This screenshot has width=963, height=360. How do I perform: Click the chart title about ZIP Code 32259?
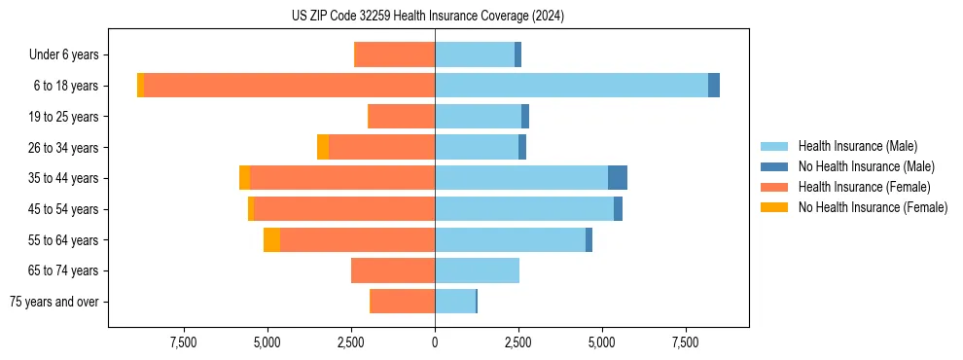coord(427,17)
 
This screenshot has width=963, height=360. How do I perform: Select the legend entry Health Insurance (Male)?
coord(857,146)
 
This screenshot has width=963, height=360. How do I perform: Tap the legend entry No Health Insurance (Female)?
coord(873,207)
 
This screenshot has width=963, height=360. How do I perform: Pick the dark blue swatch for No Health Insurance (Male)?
coord(774,166)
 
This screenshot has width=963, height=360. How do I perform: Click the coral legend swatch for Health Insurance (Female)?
coord(774,187)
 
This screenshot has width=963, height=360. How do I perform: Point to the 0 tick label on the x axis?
coord(435,342)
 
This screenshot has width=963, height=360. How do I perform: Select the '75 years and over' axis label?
coord(54,302)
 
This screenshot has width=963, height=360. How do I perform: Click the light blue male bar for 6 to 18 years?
coord(571,86)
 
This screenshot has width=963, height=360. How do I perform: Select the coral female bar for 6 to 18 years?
coord(289,86)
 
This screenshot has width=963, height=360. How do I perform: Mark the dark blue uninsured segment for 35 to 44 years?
coord(618,178)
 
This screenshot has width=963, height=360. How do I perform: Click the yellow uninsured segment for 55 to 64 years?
coord(271,239)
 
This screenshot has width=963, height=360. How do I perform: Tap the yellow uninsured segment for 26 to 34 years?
coord(323,147)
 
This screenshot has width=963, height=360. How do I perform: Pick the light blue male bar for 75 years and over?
coord(455,302)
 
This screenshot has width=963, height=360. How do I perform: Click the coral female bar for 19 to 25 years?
coord(402,117)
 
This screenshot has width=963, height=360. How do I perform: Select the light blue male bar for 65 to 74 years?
coord(477,270)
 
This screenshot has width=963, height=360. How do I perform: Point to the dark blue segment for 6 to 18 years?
coord(714,86)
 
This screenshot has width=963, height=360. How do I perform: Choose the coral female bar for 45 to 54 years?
coord(344,209)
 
